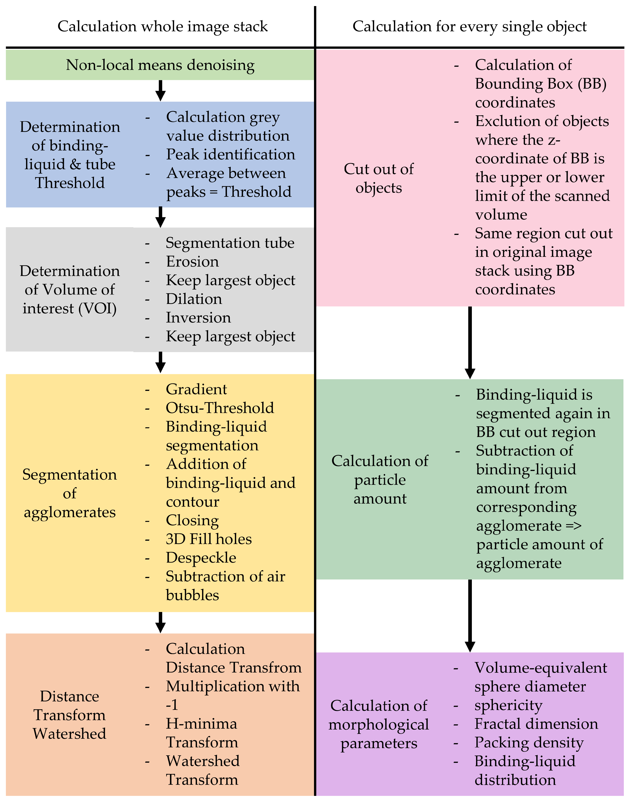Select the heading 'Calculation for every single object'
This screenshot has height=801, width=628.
[x=470, y=27]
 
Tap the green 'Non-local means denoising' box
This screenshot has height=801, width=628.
[x=160, y=65]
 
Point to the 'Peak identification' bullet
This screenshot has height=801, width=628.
[x=231, y=154]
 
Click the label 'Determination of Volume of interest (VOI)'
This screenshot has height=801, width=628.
[x=70, y=289]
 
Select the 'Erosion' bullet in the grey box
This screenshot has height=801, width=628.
[x=192, y=262]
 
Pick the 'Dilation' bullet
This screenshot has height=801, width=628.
[x=194, y=299]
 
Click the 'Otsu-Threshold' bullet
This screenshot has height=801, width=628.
[x=220, y=408]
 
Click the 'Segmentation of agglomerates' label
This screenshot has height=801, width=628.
[x=70, y=493]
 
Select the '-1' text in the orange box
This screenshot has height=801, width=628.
[x=172, y=705]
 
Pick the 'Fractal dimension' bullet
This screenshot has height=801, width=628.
[x=536, y=724]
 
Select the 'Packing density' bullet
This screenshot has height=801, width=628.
[x=529, y=743]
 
